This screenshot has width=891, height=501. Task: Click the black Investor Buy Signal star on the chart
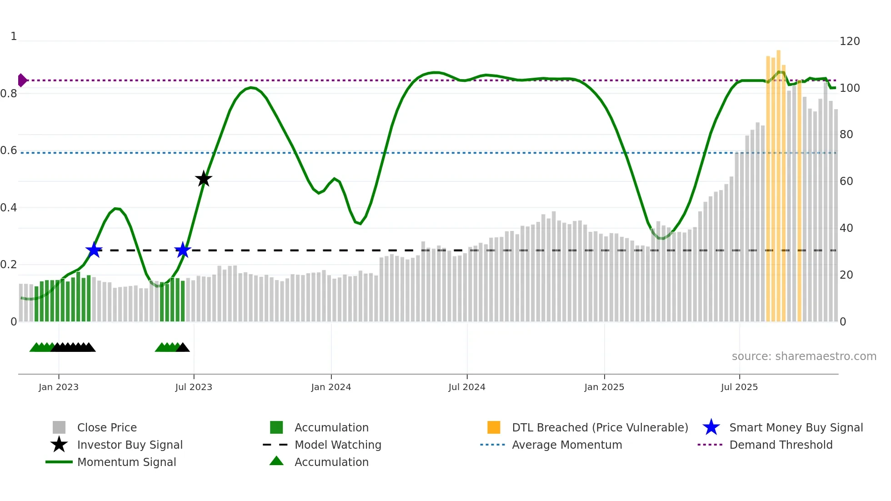coord(204,179)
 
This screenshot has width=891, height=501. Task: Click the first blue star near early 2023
coord(94,250)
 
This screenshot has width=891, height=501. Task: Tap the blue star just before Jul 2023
coord(183,250)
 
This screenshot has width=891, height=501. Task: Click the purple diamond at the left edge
coord(22,80)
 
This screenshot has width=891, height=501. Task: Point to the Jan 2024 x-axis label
coord(331,387)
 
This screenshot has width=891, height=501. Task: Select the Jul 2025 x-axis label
coord(739,387)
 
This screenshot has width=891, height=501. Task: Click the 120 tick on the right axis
coord(849,41)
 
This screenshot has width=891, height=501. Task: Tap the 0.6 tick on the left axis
coord(9,150)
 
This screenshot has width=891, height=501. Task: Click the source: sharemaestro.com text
coord(804,356)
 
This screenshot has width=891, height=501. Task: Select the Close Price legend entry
coord(107,428)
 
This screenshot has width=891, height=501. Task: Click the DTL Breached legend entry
coord(600,428)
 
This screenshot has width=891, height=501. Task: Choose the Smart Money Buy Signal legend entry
coord(796,428)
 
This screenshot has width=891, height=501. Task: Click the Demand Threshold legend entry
coord(781,445)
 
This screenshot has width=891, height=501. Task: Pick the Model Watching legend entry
coord(337,445)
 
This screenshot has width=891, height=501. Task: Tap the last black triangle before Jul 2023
coord(183,348)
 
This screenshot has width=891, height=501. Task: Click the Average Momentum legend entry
coord(566,445)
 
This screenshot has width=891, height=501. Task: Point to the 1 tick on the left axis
coord(14,36)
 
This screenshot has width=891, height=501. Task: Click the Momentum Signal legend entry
coord(126,462)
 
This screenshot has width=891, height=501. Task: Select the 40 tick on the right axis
coord(846,228)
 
